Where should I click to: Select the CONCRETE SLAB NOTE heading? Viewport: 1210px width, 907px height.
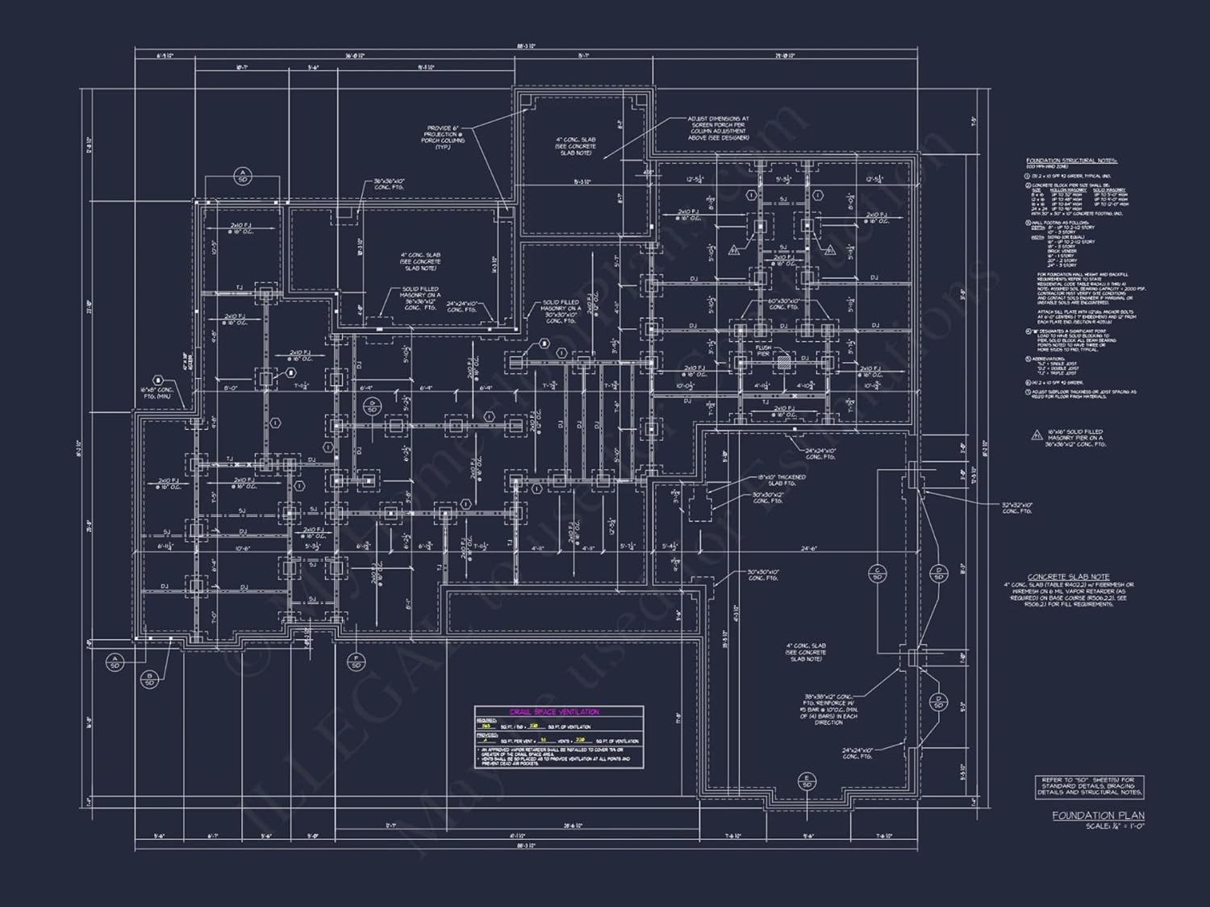click(1068, 576)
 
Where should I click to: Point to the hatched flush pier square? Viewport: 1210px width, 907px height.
click(782, 362)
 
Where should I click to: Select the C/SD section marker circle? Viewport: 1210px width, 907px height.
click(877, 573)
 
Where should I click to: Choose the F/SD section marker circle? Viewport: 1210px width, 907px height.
click(355, 662)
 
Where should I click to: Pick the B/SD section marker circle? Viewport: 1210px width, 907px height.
click(149, 679)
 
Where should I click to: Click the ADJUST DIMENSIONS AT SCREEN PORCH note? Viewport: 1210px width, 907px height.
click(718, 127)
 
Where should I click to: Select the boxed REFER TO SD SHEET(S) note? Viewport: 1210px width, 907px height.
click(1089, 787)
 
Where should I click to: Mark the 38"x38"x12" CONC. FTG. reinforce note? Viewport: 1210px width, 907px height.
click(829, 709)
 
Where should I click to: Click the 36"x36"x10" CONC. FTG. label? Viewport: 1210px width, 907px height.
click(389, 185)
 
